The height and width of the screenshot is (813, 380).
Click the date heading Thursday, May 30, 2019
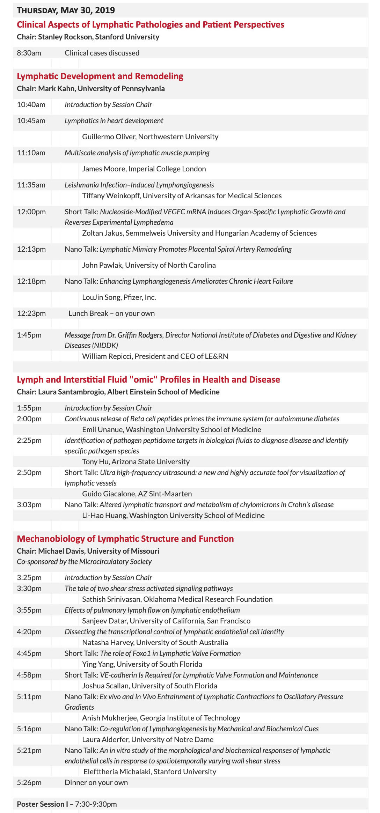(66, 10)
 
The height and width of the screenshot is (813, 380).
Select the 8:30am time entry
(29, 53)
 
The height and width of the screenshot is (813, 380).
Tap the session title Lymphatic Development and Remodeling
(100, 76)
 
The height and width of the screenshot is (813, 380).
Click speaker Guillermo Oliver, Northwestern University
(150, 137)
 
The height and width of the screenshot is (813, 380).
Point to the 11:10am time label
(31, 153)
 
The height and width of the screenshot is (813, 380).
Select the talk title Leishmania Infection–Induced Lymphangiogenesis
(139, 185)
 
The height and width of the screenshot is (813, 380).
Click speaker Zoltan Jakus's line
(199, 233)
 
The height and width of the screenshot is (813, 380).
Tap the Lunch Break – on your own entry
(111, 313)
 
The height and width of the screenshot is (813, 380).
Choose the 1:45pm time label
(29, 335)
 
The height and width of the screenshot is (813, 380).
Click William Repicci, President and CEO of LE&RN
(155, 356)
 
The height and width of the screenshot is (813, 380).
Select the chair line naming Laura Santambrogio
(118, 392)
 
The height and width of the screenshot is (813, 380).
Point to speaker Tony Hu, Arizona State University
(136, 462)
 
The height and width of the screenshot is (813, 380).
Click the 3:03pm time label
(29, 505)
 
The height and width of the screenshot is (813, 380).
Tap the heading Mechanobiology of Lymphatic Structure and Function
(125, 539)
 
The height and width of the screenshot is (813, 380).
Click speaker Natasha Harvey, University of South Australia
(155, 643)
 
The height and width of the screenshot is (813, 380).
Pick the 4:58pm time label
(29, 675)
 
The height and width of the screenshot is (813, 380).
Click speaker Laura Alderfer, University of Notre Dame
(148, 740)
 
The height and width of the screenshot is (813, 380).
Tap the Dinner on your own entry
(96, 783)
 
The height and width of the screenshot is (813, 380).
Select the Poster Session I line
(67, 804)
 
